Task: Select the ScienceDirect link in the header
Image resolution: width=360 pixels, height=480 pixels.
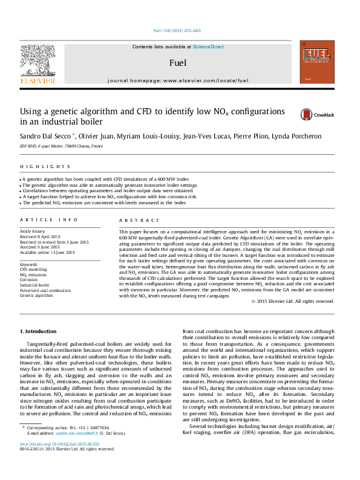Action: [209, 47]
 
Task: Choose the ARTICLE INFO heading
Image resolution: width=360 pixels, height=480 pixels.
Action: [49, 221]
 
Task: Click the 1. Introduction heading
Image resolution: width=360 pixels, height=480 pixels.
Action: [39, 331]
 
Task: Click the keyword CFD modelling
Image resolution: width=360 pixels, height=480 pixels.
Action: [34, 269]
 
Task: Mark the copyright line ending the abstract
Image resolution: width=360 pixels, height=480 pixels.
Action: [293, 300]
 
